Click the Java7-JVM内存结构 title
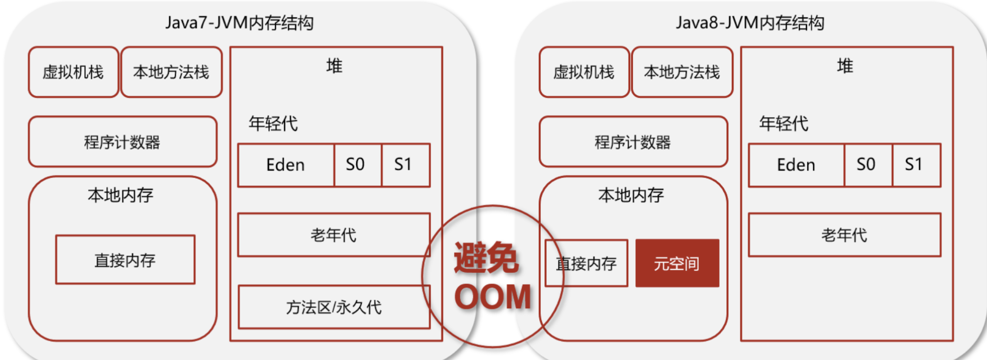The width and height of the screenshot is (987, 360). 240,23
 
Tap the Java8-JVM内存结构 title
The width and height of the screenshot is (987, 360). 750,23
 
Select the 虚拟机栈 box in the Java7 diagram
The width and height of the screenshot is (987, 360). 73,72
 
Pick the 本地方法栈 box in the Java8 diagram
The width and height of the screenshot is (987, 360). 682,72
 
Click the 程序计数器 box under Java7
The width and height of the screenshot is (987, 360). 122,142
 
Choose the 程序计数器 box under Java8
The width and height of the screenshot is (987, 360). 633,142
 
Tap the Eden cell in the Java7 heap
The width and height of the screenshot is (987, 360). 286,165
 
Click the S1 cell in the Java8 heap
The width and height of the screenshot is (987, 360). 916,165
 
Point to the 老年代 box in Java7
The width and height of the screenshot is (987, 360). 334,235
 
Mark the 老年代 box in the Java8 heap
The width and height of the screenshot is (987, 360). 845,235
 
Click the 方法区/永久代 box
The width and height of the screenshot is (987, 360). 334,307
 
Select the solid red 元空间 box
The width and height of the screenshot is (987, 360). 677,263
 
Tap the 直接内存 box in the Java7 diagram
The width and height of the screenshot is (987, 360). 126,260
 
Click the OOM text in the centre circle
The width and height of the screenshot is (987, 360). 493,297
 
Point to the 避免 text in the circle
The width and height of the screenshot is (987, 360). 486,257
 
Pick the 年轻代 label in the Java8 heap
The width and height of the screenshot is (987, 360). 784,124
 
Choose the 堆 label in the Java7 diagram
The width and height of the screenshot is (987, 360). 334,66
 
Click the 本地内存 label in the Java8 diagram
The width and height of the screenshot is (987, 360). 631,195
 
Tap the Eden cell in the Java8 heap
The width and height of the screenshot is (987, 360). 796,165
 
